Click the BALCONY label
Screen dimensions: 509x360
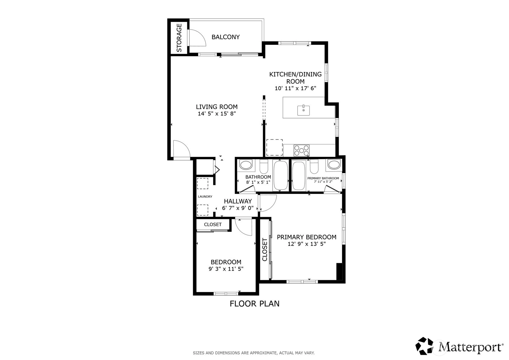(x=225, y=37)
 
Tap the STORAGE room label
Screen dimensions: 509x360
(x=179, y=38)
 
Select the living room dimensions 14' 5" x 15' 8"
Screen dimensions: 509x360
(x=217, y=114)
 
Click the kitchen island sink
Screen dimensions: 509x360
(x=303, y=110)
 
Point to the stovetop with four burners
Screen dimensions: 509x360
(x=302, y=151)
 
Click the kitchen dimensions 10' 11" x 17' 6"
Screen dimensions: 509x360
(x=295, y=88)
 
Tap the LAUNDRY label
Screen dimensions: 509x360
(x=205, y=196)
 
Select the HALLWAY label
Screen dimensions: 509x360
(x=238, y=201)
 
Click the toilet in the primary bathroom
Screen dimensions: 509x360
(x=314, y=166)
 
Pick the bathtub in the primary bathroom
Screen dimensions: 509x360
(x=299, y=175)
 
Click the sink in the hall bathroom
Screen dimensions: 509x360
(x=246, y=165)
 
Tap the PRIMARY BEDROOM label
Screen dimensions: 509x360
(x=307, y=237)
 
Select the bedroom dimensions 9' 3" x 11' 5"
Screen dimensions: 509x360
(x=226, y=269)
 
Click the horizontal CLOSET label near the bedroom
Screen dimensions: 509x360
(x=213, y=225)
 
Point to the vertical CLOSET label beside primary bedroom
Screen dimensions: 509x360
(x=265, y=250)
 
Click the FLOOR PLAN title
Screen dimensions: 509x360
(x=255, y=304)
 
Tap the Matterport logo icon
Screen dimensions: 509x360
(x=424, y=346)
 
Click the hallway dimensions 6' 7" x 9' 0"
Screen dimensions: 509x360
(x=238, y=208)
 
